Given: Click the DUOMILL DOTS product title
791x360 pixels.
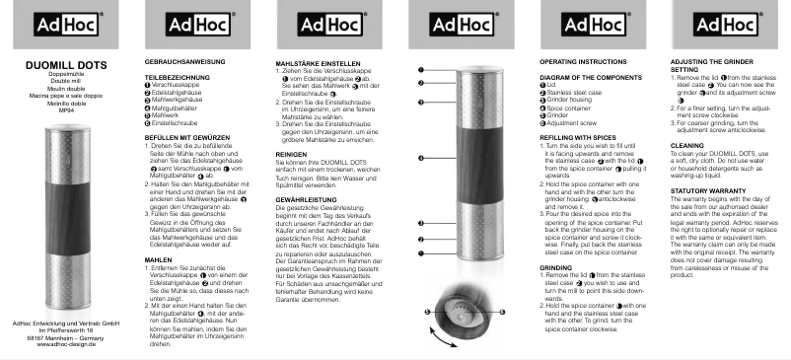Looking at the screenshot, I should click(64, 65).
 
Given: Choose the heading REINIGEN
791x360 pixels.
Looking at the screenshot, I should click(293, 154).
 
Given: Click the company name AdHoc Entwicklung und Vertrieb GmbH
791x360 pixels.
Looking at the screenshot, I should click(65, 323).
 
